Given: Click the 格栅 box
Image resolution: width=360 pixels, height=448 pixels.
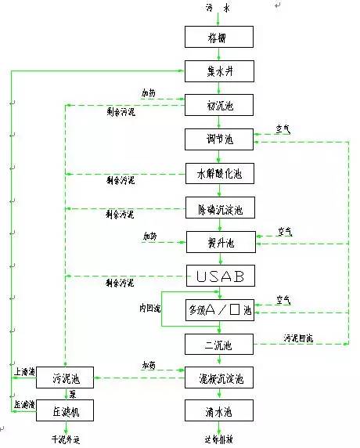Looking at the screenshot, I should point(220,37).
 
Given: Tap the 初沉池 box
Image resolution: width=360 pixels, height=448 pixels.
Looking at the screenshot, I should point(220,105).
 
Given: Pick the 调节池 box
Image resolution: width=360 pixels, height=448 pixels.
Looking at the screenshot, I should point(220,139).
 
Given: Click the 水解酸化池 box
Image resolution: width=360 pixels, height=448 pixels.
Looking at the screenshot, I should point(220,174).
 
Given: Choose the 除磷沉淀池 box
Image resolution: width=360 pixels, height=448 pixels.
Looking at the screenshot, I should point(220,209).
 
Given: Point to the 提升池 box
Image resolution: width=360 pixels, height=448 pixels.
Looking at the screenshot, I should point(220,243).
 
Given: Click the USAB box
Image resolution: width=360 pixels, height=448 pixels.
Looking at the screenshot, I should point(220,276).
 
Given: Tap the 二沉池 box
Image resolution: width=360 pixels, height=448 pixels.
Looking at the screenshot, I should point(220,343).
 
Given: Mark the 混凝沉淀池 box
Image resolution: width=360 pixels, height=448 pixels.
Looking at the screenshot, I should point(220,378).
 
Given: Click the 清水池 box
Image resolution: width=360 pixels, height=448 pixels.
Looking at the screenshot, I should point(220,410).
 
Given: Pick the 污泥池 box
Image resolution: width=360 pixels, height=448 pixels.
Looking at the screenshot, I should point(65,378).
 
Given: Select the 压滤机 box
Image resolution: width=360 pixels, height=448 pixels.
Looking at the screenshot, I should point(65,410).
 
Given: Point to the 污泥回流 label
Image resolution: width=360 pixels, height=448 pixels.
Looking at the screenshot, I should point(298,338).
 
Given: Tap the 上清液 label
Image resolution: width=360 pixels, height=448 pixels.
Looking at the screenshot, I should point(23,370).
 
